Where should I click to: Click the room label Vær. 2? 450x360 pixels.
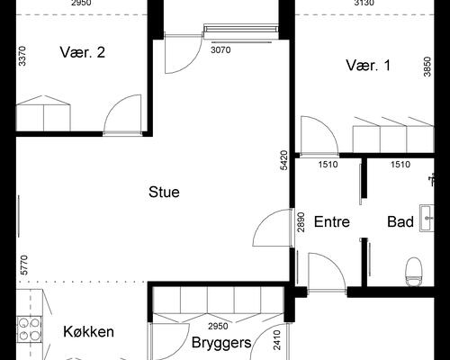click(83, 52)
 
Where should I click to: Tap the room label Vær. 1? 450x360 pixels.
click(369, 65)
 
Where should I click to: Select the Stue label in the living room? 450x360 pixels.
click(165, 192)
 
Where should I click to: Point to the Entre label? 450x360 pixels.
click(331, 221)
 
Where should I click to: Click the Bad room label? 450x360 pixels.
click(400, 221)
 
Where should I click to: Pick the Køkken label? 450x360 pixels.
click(88, 332)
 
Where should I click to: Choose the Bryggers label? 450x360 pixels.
click(220, 342)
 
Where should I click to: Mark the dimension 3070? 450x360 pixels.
click(220, 50)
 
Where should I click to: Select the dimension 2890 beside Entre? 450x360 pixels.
click(302, 221)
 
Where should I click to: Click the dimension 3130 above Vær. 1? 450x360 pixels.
click(364, 4)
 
